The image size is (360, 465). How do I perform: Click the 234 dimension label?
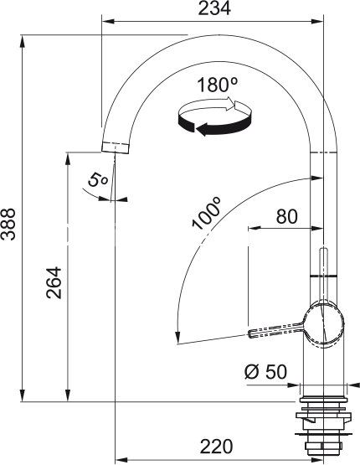pyautogui.click(x=214, y=8)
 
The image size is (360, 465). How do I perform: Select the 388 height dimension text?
pyautogui.click(x=8, y=225)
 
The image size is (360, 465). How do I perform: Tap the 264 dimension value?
pyautogui.click(x=54, y=282)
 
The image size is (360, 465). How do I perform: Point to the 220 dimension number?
pyautogui.click(x=217, y=447)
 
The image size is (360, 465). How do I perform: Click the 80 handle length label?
pyautogui.click(x=286, y=216)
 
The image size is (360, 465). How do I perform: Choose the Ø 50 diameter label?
pyautogui.click(x=265, y=372)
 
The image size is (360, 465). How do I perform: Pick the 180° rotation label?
pyautogui.click(x=217, y=85)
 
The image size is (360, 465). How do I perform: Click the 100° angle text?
pyautogui.click(x=206, y=213)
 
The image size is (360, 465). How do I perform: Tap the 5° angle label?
pyautogui.click(x=97, y=180)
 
